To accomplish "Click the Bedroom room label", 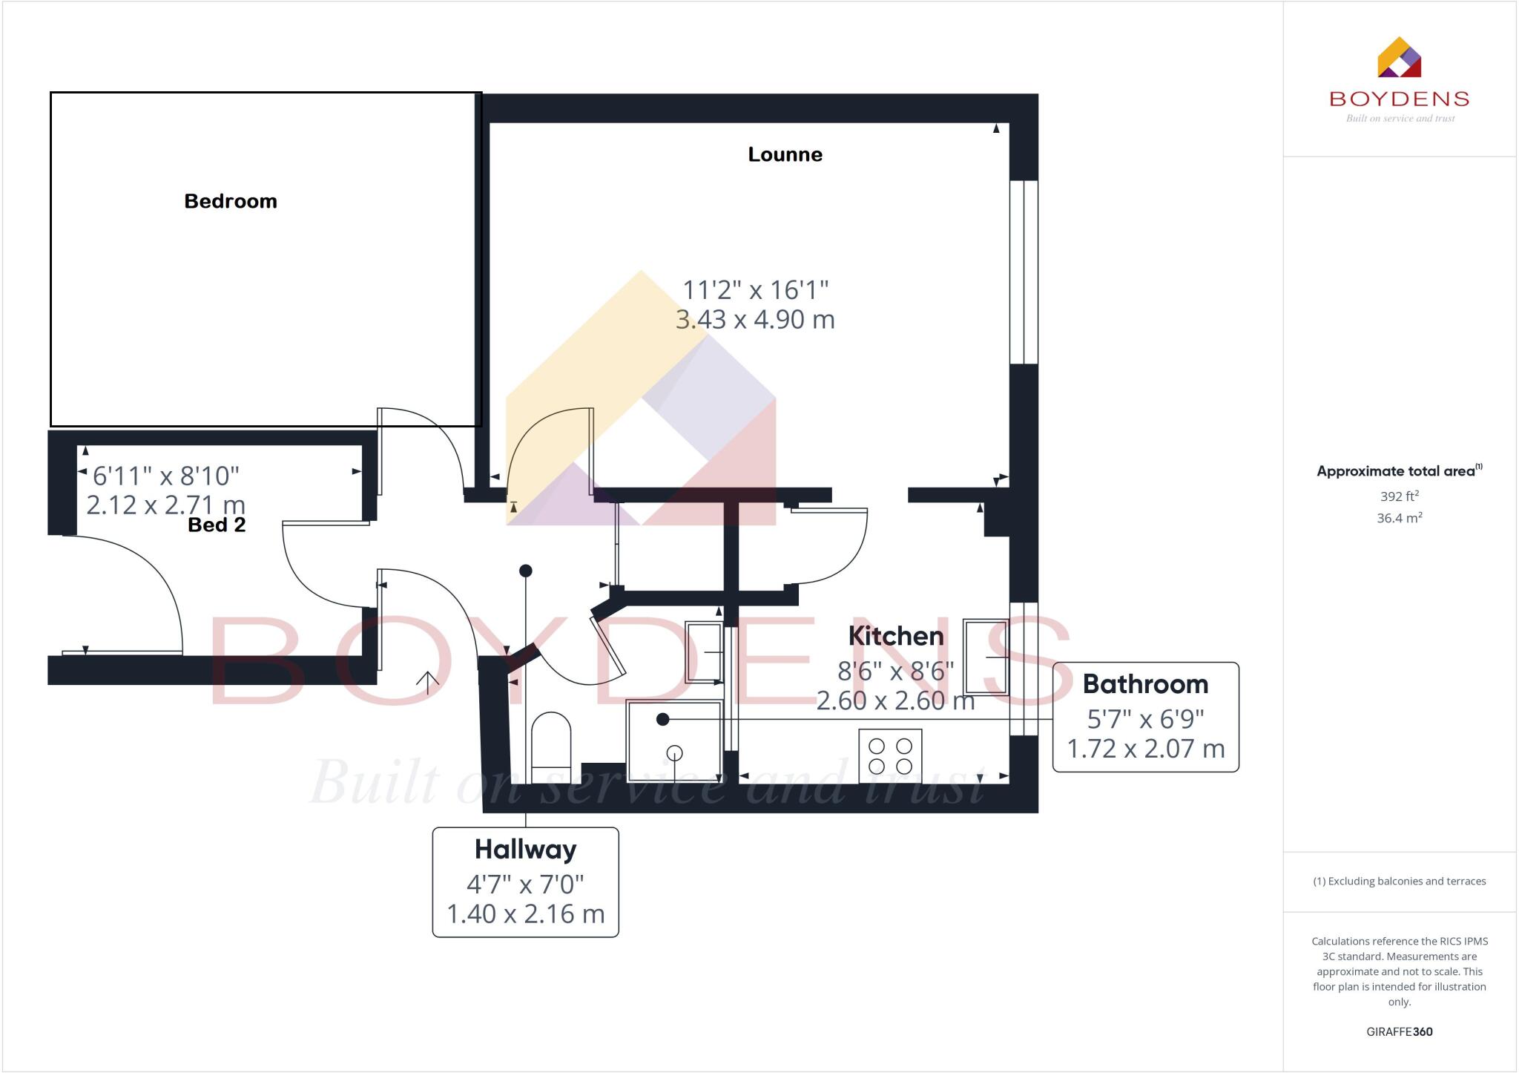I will click(230, 201).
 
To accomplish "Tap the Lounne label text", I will click(785, 154).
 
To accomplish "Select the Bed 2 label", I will click(217, 525).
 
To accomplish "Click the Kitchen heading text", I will click(895, 636).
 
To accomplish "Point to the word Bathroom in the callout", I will click(1145, 683).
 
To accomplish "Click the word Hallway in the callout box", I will click(525, 849).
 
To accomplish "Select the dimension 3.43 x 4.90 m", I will click(755, 319).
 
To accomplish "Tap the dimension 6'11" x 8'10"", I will click(165, 475).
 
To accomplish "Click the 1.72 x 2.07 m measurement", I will click(1145, 748).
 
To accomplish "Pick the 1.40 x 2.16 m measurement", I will click(525, 913).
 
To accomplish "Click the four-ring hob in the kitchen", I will click(890, 755).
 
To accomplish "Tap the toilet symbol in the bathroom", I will click(551, 742).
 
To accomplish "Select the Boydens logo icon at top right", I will click(1399, 58).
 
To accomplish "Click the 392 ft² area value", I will click(1399, 496).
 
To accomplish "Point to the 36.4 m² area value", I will click(1399, 518).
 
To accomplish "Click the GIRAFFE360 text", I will click(1399, 1031).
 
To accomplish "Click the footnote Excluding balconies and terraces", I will click(1399, 881).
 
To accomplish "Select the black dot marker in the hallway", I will click(525, 571).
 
